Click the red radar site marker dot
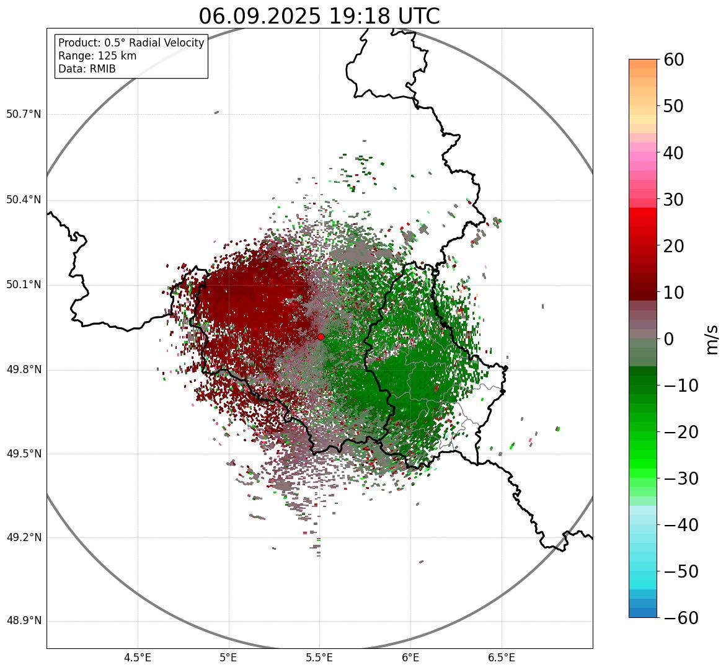pos(321,337)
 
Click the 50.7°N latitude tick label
pos(24,115)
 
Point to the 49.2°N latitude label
pos(24,537)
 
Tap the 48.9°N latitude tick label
pos(24,621)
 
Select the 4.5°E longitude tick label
pos(138,658)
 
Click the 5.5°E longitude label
pos(319,658)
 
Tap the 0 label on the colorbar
pos(669,339)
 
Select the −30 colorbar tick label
pos(681,478)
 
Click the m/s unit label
pos(712,339)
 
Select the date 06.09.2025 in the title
pos(260,16)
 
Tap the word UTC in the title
pos(418,16)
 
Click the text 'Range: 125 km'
pos(97,56)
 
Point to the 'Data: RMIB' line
pos(87,69)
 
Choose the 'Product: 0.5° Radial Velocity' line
pos(131,43)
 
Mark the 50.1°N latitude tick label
pos(24,285)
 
